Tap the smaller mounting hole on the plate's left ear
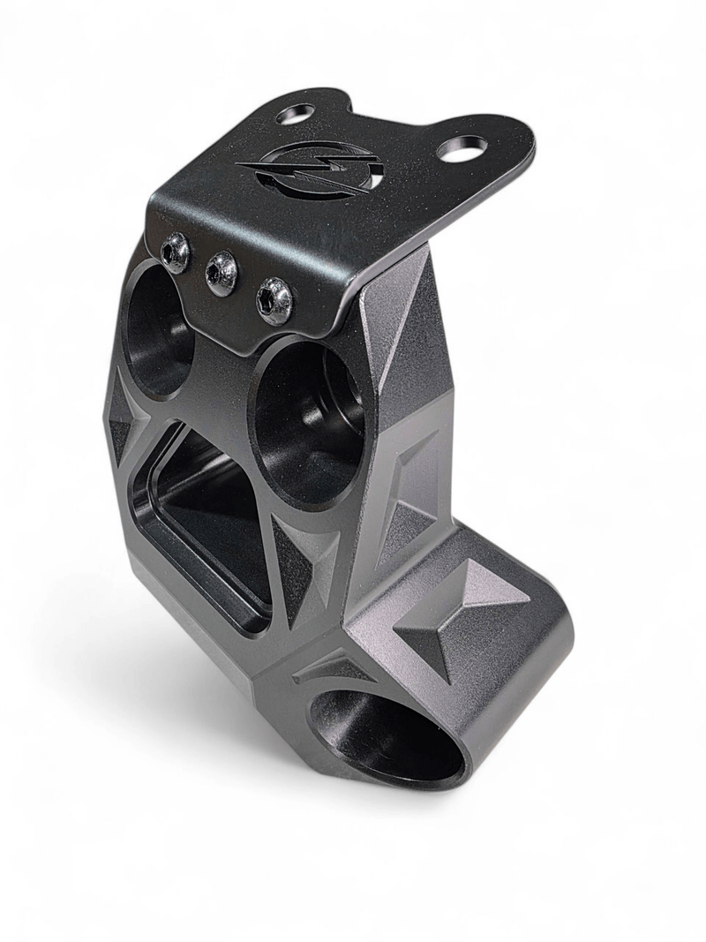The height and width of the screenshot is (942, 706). [x=296, y=113]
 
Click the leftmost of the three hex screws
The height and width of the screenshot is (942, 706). [x=175, y=251]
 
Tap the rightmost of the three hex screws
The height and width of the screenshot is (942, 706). [x=274, y=298]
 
